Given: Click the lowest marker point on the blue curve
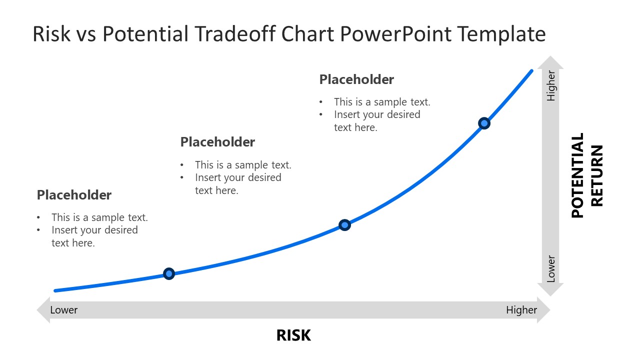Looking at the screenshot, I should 169,273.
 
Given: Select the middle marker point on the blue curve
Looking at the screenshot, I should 344,225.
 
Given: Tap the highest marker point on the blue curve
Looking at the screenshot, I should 484,123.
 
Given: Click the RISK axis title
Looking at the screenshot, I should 293,335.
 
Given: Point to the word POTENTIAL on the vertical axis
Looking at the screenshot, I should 577,175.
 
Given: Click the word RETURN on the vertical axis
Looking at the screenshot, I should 597,175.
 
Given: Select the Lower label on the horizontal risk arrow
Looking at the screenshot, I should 64,310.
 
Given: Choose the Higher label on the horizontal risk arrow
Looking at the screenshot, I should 521,310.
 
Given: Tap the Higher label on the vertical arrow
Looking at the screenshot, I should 551,86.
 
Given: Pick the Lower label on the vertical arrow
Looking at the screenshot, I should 551,269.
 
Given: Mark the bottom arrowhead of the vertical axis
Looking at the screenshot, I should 550,289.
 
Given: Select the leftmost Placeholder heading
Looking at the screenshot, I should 74,195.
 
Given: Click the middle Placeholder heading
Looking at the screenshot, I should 217,142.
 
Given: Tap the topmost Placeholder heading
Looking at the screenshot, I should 356,79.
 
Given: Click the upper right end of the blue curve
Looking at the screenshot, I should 531,71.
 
